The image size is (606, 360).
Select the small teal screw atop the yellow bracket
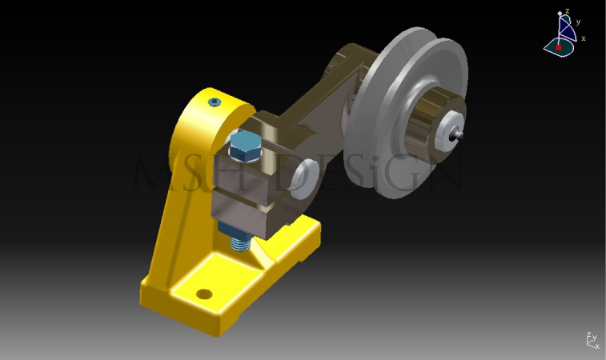(214, 102)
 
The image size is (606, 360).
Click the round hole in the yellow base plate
(205, 294)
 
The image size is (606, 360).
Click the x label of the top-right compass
(584, 38)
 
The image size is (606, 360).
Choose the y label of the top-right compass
(577, 22)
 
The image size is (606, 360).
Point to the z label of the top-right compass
(567, 11)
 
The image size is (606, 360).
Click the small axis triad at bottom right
(592, 341)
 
